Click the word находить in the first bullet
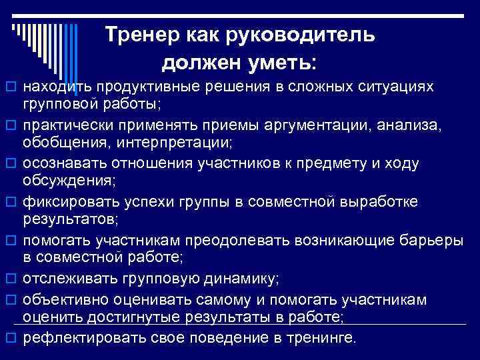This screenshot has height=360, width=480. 55,87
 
